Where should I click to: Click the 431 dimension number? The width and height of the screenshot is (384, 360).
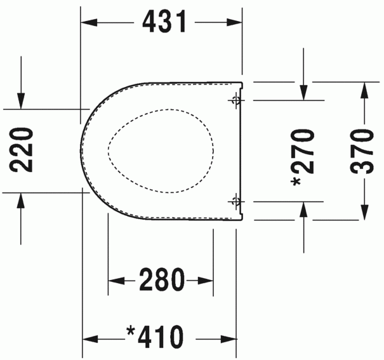coord(164,22)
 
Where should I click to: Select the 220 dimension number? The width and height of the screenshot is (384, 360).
coord(21,150)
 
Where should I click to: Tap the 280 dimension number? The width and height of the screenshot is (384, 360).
coord(162,279)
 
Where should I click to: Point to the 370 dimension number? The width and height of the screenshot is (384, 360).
coord(362,152)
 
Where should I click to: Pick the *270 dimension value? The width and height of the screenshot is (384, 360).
coord(302,158)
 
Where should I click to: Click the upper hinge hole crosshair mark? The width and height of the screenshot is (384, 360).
coord(236,100)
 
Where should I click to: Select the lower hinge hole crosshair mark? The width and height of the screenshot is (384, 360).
coord(236,201)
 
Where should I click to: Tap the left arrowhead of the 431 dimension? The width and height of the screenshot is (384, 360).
coord(89,22)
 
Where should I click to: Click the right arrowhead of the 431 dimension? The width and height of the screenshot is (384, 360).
coord(234,22)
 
